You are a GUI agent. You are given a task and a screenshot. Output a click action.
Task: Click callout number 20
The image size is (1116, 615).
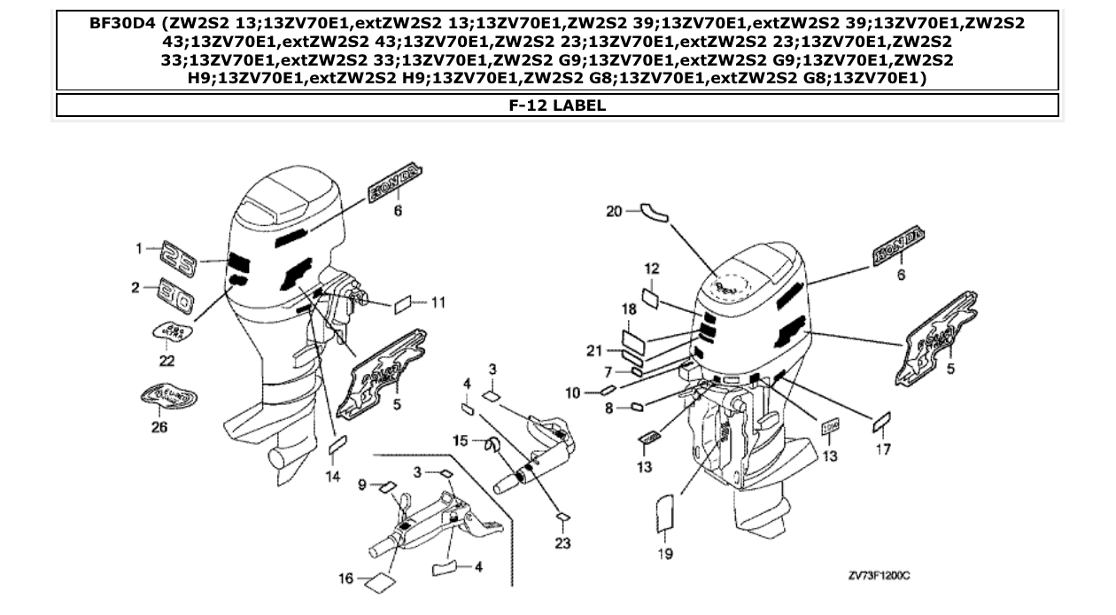[614, 211]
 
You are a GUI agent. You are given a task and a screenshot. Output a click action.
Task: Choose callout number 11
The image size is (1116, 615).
[438, 302]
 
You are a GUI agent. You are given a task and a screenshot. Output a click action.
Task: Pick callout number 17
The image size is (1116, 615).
[883, 449]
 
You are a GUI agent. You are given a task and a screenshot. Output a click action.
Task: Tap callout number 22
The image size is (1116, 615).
[167, 361]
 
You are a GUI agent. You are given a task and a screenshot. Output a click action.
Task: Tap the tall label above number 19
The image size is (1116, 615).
[664, 515]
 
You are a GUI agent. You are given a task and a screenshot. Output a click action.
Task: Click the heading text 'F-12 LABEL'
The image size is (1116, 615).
[557, 105]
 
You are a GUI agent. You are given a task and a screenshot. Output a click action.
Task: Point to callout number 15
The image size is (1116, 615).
[460, 440]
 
